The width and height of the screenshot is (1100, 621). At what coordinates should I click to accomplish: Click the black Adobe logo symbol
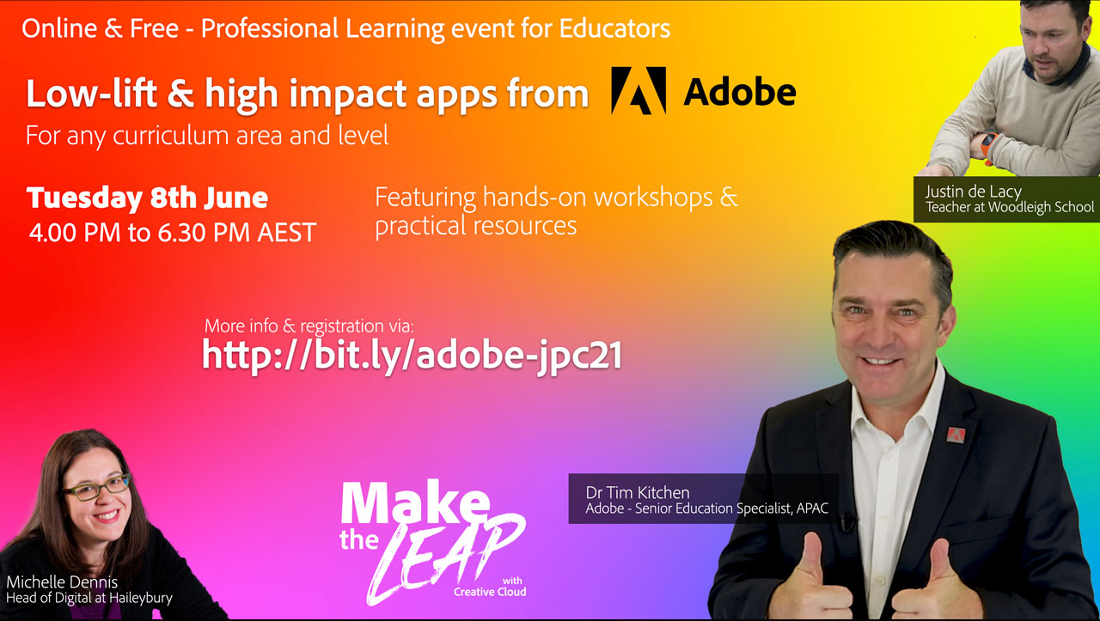pos(639,91)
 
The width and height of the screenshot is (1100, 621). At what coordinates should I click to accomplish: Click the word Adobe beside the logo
pos(740,92)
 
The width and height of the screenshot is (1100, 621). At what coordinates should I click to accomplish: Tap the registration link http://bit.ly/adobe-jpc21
pos(412,356)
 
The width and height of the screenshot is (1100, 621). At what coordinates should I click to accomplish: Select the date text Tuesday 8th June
pos(147,198)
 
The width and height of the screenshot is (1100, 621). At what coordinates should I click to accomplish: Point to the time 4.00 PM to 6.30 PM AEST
pos(173,233)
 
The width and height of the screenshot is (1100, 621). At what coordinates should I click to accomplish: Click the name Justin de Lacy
pos(974,192)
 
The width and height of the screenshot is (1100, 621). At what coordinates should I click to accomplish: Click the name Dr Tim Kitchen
pos(638,492)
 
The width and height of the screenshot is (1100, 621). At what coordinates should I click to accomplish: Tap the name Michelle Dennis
pos(62,582)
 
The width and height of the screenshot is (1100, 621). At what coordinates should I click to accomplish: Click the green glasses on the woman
pos(97,488)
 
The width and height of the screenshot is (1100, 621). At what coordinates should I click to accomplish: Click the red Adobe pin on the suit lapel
pos(956,435)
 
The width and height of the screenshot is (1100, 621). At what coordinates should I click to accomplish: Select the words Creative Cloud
pos(490,592)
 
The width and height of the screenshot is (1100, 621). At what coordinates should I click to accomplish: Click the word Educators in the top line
pos(614,28)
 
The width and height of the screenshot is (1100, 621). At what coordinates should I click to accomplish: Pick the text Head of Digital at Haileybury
pos(89,599)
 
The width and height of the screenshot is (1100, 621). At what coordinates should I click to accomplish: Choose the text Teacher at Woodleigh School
pos(1010,208)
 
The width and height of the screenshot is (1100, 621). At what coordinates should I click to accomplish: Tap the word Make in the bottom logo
pos(415,503)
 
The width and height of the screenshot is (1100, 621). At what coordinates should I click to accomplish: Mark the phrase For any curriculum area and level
pos(207,136)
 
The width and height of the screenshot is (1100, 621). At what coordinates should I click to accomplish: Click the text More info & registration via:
pos(309,326)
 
